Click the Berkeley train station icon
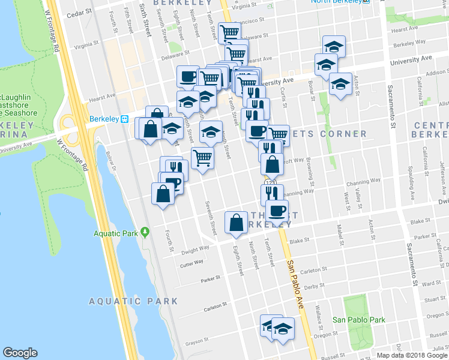pyautogui.click(x=125, y=119)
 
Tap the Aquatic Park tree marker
pyautogui.click(x=145, y=233)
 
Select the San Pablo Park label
pyautogui.click(x=359, y=320)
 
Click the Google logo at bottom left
pyautogui.click(x=20, y=353)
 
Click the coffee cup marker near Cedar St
pyautogui.click(x=188, y=76)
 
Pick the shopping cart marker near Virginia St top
pyautogui.click(x=229, y=32)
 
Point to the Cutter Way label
pyautogui.click(x=191, y=262)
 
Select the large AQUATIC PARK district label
pyautogui.click(x=133, y=301)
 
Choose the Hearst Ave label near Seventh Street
pyautogui.click(x=101, y=96)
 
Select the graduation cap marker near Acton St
pyautogui.click(x=340, y=84)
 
